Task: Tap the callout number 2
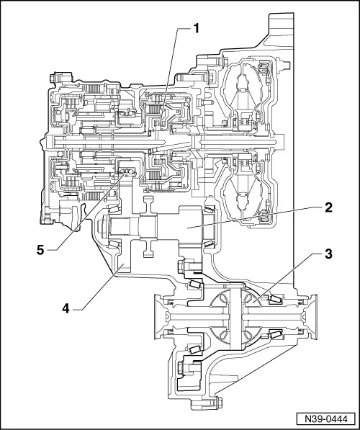click(x=328, y=207)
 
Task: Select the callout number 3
click(x=328, y=254)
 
